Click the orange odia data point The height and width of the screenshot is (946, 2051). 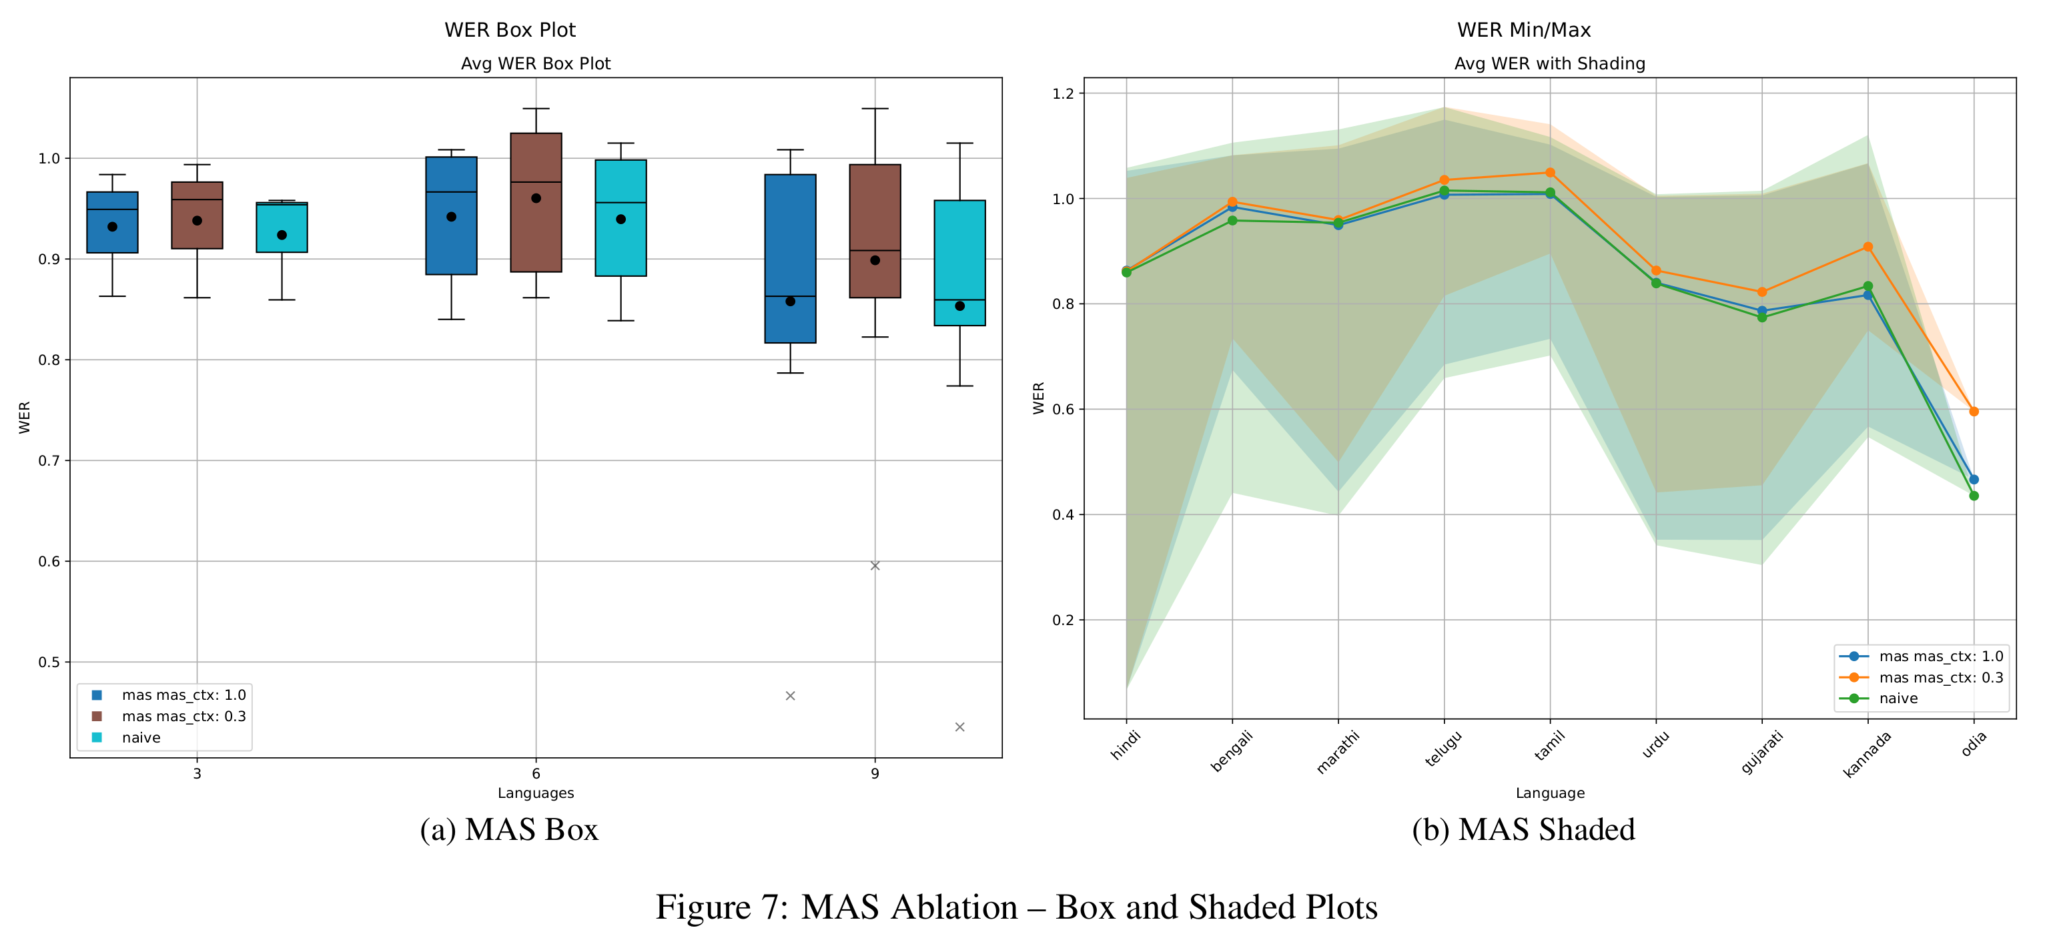(x=1974, y=412)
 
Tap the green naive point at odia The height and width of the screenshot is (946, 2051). (x=1974, y=496)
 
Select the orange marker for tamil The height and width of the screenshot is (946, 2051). (x=1550, y=173)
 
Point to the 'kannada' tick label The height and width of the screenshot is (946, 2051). (x=1866, y=754)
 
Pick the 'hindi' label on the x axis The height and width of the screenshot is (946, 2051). (x=1126, y=745)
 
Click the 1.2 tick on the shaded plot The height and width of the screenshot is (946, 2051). (x=1063, y=94)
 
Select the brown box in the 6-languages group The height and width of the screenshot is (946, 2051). (x=536, y=203)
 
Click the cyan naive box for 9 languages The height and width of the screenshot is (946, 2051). (x=959, y=263)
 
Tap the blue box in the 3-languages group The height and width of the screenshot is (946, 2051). (x=112, y=222)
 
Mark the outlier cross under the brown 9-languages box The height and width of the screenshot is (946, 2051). (x=875, y=565)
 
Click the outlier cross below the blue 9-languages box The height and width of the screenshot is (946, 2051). (x=790, y=696)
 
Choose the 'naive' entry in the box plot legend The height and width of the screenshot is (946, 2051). (x=141, y=738)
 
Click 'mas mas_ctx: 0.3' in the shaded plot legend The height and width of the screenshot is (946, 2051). (x=1940, y=678)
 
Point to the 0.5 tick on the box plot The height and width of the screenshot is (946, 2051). (x=49, y=662)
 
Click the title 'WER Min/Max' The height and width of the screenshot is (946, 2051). (x=1523, y=30)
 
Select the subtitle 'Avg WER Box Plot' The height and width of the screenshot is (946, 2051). (x=535, y=63)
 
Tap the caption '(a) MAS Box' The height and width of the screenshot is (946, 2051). (x=509, y=830)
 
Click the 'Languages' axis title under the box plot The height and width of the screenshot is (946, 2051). (x=535, y=793)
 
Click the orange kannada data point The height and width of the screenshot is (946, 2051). (x=1868, y=247)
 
